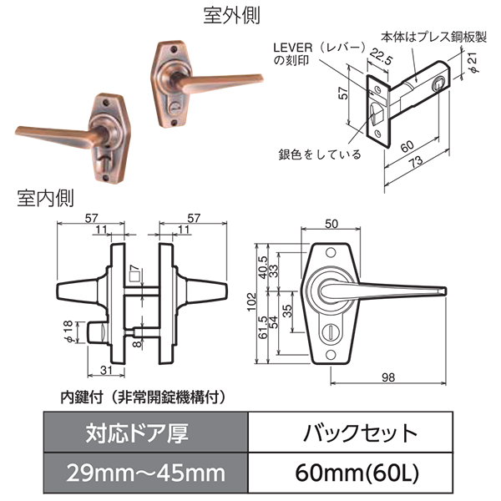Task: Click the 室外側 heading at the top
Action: tap(231, 15)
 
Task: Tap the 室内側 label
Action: tap(45, 198)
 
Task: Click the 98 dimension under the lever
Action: tap(388, 377)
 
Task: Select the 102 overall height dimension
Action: tap(252, 302)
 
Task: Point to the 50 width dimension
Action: tap(331, 224)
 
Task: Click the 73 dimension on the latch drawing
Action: tap(417, 162)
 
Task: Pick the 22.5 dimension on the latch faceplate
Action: tap(381, 57)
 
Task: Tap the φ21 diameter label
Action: tap(473, 63)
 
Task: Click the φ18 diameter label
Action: tap(68, 331)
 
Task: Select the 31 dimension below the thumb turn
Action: tap(106, 370)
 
